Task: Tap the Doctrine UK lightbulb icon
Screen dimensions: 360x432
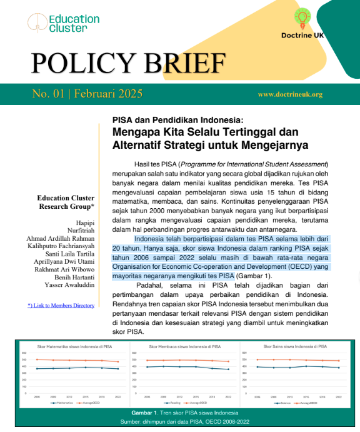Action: click(x=302, y=18)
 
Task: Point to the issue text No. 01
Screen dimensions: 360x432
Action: click(x=49, y=94)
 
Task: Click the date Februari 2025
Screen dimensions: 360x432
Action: click(x=108, y=94)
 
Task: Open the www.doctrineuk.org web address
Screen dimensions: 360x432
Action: click(x=290, y=95)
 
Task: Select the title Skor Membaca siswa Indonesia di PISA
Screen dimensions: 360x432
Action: click(x=182, y=346)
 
